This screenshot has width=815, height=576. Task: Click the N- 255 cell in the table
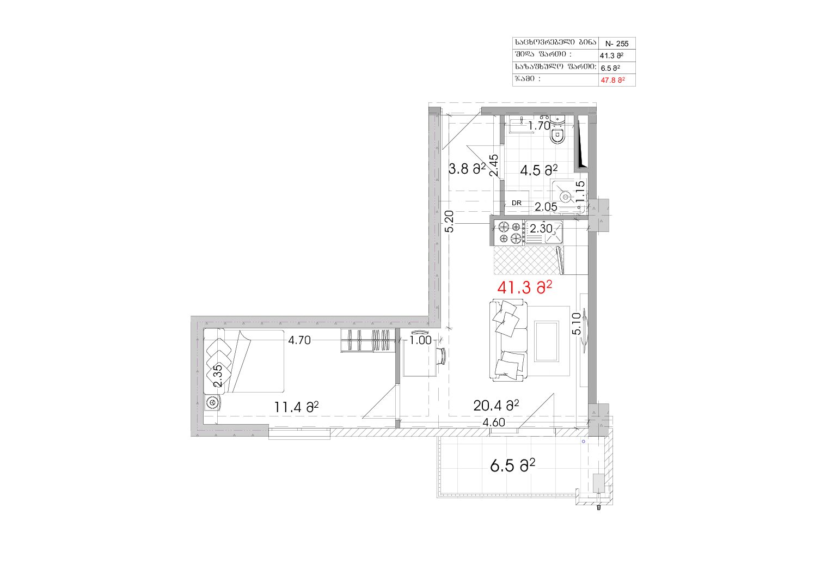[x=617, y=44]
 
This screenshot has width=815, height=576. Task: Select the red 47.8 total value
[x=612, y=80]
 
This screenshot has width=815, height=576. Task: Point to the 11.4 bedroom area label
[x=296, y=407]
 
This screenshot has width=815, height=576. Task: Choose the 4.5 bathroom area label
[x=539, y=169]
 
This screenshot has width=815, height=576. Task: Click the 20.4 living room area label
[x=497, y=406]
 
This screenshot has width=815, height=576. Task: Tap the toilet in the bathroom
[x=557, y=130]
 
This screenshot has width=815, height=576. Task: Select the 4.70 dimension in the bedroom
[x=299, y=340]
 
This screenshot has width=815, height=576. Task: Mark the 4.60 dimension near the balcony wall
[x=494, y=422]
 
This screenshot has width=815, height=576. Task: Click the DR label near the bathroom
[x=517, y=203]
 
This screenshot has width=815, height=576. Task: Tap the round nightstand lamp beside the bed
[x=212, y=402]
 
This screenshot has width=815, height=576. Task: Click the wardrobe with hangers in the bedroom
[x=368, y=341]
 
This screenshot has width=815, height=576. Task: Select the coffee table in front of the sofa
[x=546, y=341]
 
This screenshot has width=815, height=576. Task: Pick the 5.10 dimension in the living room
[x=577, y=324]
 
